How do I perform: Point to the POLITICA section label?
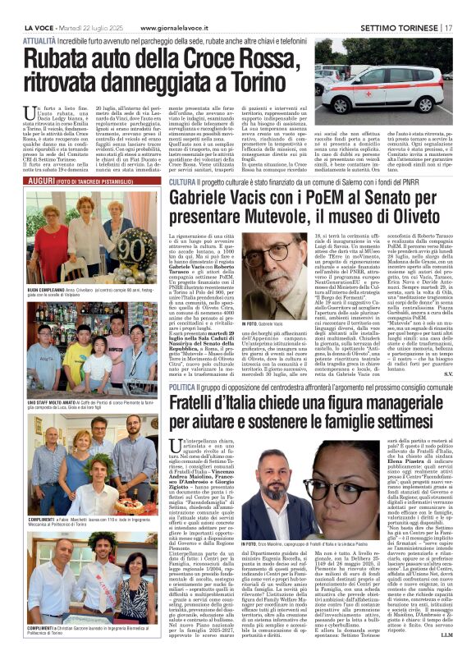(183, 387)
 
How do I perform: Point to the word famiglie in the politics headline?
(350, 424)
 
